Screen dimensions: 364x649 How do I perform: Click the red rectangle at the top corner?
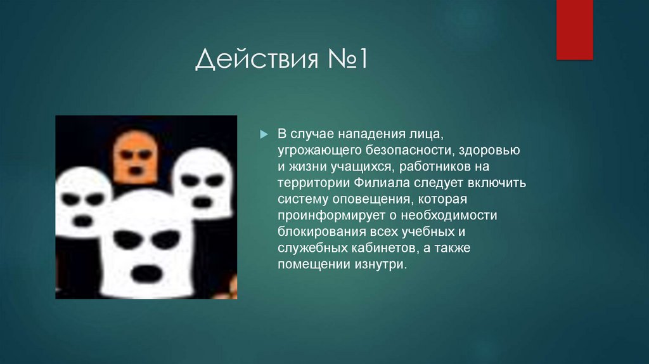[574, 29]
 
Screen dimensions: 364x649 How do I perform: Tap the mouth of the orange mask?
[136, 169]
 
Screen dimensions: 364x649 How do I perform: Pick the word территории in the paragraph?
[307, 183]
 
